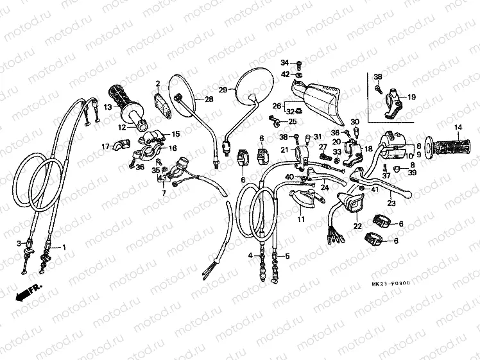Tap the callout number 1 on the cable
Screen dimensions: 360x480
point(63,247)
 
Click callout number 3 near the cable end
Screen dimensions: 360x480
point(20,243)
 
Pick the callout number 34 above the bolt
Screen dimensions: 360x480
point(285,62)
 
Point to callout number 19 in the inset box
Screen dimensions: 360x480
point(411,98)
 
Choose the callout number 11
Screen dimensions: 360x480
point(300,219)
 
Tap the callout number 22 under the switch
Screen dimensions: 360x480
point(357,226)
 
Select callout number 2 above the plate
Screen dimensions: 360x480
point(157,83)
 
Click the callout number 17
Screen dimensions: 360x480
point(105,146)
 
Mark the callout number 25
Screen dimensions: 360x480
point(292,121)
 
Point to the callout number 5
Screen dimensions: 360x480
point(287,255)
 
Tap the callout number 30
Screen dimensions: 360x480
point(354,121)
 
